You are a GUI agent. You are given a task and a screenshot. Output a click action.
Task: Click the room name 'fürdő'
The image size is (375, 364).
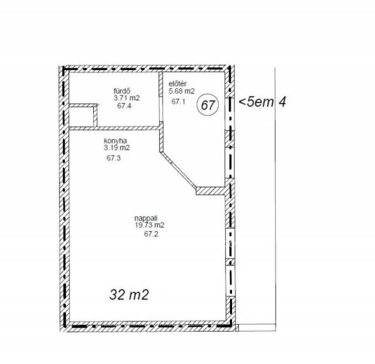[122, 91]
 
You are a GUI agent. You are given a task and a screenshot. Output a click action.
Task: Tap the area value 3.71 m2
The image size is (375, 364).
[127, 98]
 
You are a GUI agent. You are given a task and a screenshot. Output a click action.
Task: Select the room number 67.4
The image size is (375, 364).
[124, 106]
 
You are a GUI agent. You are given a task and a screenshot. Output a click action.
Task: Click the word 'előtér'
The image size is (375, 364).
[178, 84]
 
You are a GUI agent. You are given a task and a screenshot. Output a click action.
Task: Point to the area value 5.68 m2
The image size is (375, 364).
[182, 91]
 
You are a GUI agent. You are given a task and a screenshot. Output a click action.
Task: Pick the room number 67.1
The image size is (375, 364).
[178, 101]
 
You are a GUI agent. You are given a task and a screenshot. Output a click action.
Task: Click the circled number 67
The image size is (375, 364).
[207, 105]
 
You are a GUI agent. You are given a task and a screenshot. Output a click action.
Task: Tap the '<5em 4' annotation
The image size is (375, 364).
[262, 102]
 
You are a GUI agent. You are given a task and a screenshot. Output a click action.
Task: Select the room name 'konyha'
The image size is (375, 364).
[115, 140]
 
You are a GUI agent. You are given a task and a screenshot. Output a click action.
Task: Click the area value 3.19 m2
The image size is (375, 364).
[117, 148]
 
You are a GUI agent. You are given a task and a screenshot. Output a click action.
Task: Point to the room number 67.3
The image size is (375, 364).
[114, 158]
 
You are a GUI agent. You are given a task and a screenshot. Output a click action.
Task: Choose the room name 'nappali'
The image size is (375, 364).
[146, 218]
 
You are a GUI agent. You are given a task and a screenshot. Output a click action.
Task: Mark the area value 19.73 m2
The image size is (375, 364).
[150, 225]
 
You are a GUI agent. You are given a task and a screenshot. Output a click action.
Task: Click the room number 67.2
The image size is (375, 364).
[151, 234]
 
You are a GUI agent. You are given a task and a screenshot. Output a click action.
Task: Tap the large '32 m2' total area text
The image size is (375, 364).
[129, 294]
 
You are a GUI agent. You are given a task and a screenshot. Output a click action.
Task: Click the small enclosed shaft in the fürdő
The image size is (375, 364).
[81, 116]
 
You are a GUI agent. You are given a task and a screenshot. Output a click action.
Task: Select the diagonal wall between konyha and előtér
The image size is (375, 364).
[178, 169]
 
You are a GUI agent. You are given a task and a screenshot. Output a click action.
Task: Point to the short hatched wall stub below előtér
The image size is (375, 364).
[210, 191]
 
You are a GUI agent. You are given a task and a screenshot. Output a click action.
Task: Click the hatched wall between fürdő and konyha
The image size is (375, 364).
[114, 128]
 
